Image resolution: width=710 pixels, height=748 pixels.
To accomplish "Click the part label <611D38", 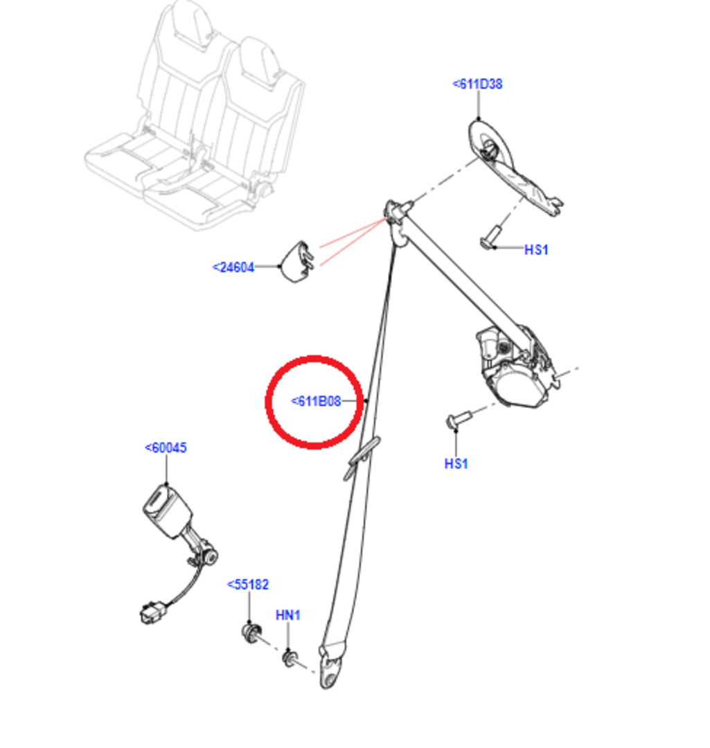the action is tap(477, 84).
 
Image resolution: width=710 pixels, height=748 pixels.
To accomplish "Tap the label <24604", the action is tap(233, 267).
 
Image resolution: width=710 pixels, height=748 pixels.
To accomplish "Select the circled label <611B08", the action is tap(316, 401).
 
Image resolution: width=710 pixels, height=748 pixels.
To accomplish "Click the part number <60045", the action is tap(166, 448).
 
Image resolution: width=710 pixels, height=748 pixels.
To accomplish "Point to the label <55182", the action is tap(248, 585).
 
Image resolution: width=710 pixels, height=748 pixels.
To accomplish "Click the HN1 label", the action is tap(288, 615).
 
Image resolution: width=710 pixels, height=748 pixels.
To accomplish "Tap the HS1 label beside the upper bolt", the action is tap(536, 249).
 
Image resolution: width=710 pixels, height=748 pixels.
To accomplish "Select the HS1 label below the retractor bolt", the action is tap(456, 463).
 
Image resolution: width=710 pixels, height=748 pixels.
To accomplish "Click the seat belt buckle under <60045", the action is tap(168, 513).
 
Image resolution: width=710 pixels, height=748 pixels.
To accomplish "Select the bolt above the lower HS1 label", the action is tap(459, 419).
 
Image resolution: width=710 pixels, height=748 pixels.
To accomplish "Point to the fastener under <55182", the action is tap(251, 632).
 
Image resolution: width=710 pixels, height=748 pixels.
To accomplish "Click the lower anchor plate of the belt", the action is tap(332, 666).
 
